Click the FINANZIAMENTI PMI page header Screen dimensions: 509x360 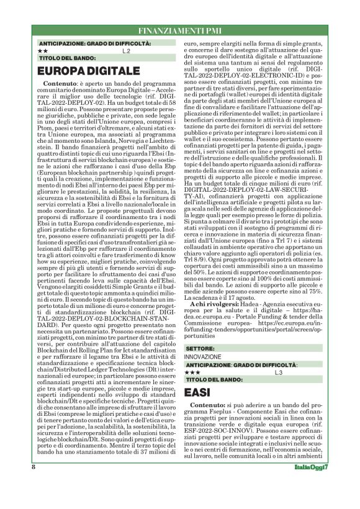coord(179,30)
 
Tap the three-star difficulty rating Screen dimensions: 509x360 coord(193,372)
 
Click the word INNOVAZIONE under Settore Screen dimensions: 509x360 coord(202,357)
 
